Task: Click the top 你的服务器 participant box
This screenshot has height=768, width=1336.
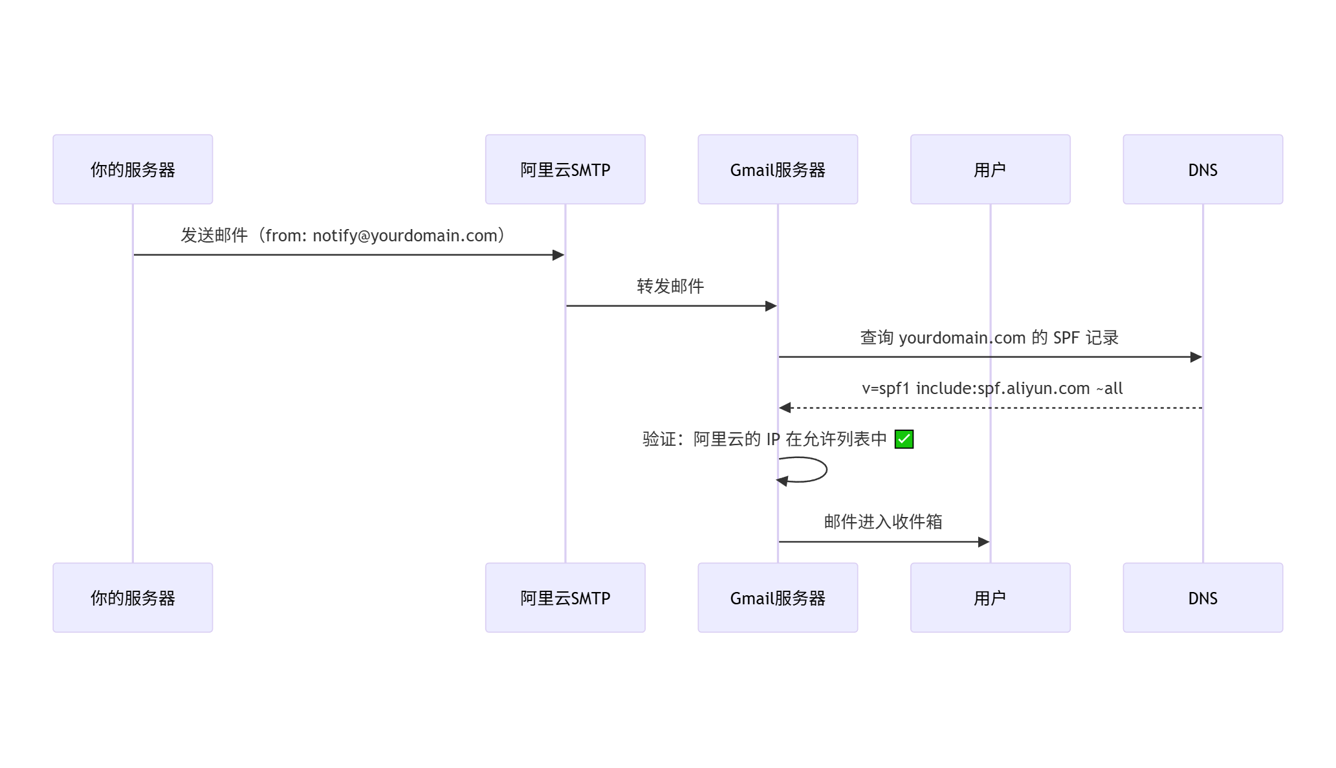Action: click(x=133, y=170)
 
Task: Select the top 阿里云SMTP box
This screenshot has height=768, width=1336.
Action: click(x=565, y=170)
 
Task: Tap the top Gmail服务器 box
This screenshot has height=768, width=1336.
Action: click(x=778, y=170)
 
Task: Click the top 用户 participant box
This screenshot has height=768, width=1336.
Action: click(x=990, y=170)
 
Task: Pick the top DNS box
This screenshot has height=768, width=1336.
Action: click(x=1203, y=170)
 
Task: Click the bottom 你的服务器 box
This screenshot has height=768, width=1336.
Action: click(x=133, y=598)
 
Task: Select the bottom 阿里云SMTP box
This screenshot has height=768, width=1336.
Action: click(x=565, y=598)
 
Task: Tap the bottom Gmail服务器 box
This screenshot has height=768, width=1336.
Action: click(x=778, y=598)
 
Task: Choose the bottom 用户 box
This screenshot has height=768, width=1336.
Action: click(x=990, y=598)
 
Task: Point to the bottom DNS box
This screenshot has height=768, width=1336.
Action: click(x=1203, y=598)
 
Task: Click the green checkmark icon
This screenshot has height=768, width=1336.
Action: click(x=904, y=439)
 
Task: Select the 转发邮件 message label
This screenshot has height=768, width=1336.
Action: click(x=670, y=286)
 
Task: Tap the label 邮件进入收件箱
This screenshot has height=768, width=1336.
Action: click(x=883, y=521)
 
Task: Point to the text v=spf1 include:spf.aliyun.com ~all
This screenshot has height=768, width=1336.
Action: click(x=992, y=388)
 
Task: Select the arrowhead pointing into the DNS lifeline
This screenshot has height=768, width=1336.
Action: click(x=1196, y=357)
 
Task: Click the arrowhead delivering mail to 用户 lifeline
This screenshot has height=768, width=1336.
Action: click(x=983, y=542)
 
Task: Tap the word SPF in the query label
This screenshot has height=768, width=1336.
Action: click(x=1066, y=338)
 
